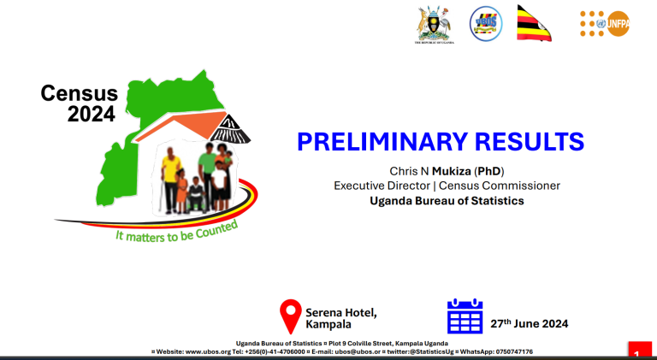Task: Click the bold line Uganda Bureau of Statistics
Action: [446, 201]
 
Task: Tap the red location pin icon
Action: [292, 315]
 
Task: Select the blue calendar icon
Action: [465, 316]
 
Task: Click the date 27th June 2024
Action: [529, 323]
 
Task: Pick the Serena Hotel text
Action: [340, 312]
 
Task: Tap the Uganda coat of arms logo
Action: [434, 23]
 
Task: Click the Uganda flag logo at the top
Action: [534, 23]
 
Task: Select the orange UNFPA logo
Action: [603, 24]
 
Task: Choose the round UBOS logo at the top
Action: [486, 23]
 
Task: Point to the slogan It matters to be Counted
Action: [175, 231]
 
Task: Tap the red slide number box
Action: [639, 351]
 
